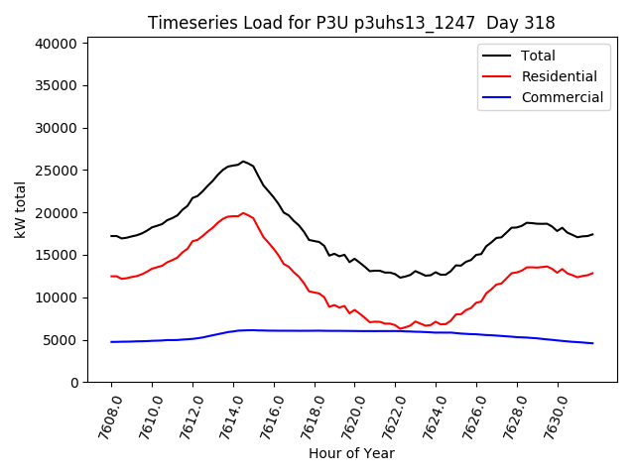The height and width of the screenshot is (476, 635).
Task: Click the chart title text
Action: [x=351, y=23]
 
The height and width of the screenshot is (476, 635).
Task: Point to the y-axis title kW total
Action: [x=20, y=210]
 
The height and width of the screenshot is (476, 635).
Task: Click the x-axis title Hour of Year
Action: [x=351, y=453]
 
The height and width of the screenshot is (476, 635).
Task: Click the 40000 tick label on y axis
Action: [x=56, y=44]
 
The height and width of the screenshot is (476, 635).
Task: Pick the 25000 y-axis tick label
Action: [x=56, y=171]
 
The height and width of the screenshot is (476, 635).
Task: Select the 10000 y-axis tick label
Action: [x=56, y=297]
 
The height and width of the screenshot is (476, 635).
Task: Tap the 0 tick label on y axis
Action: [x=73, y=383]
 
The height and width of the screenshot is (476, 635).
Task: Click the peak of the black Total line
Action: [x=243, y=161]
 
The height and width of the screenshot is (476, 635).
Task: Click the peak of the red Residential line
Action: [x=243, y=212]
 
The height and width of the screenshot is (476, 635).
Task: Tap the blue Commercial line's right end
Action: [x=592, y=343]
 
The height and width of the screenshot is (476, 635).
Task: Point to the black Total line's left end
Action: [x=111, y=236]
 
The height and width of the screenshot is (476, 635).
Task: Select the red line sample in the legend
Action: [x=496, y=76]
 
